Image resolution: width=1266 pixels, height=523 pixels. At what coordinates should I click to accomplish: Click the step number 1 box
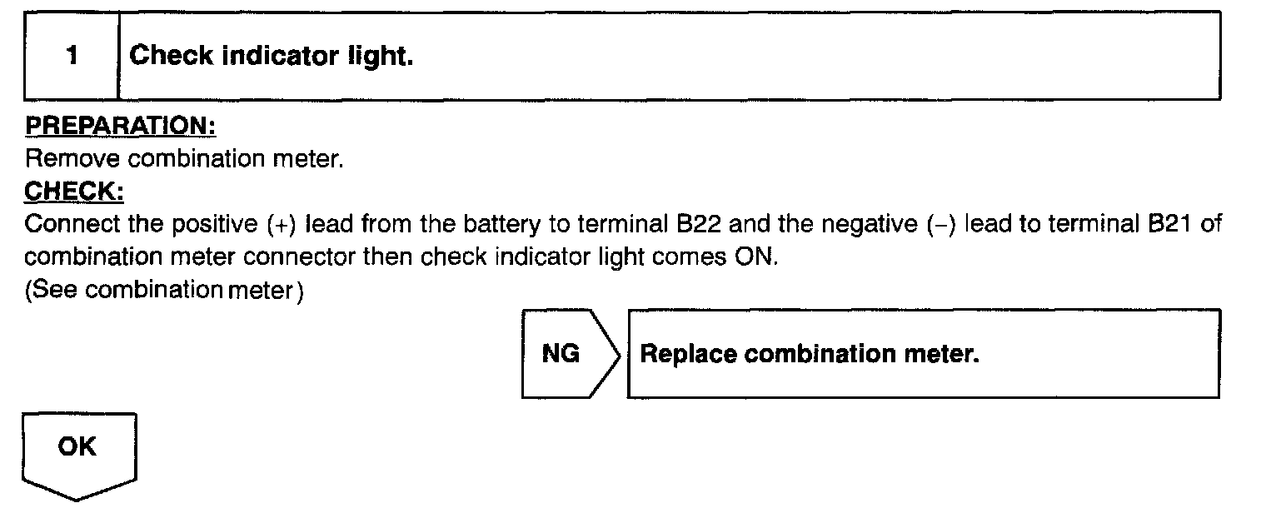pyautogui.click(x=72, y=57)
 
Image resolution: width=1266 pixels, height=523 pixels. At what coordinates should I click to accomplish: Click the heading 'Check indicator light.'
pyautogui.click(x=272, y=57)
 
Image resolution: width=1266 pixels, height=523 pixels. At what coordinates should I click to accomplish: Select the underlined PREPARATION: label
pyautogui.click(x=121, y=126)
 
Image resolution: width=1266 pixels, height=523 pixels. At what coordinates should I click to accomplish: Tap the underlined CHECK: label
pyautogui.click(x=75, y=192)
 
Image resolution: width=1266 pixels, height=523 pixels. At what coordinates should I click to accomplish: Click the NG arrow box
pyautogui.click(x=566, y=354)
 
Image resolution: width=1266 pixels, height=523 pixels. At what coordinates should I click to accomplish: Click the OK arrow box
pyautogui.click(x=77, y=450)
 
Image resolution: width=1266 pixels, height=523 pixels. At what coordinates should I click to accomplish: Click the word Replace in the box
pyautogui.click(x=688, y=354)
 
